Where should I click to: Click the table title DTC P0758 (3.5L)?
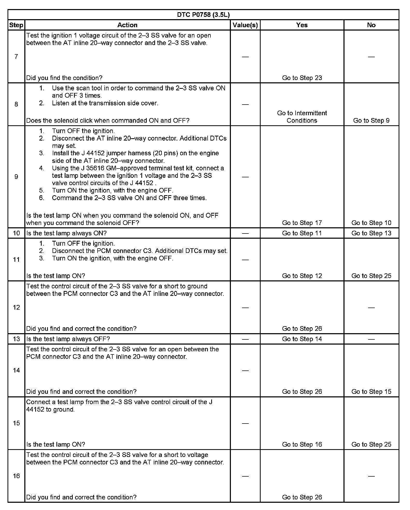coord(203,15)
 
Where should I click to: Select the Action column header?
coord(127,25)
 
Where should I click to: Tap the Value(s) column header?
coord(245,25)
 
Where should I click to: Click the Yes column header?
coord(302,25)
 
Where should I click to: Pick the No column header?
coord(371,25)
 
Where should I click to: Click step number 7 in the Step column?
coord(16,56)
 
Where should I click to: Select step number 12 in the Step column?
coord(16,307)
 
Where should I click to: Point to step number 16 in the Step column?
coord(16,476)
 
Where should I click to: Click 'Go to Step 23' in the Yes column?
coord(302,78)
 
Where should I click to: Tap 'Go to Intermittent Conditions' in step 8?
coord(302,117)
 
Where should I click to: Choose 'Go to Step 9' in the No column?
coord(371,120)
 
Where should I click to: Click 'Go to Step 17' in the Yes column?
coord(302,223)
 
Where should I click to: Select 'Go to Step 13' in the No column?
coord(371,233)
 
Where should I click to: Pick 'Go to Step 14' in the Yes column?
coord(302,339)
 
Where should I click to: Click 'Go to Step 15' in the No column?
coord(371,392)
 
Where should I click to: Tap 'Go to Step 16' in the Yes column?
coord(302,445)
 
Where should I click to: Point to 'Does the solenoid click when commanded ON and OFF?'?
coord(108,120)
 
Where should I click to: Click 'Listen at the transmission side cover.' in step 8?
coord(105,103)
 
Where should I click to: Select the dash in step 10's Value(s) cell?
coord(245,233)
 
